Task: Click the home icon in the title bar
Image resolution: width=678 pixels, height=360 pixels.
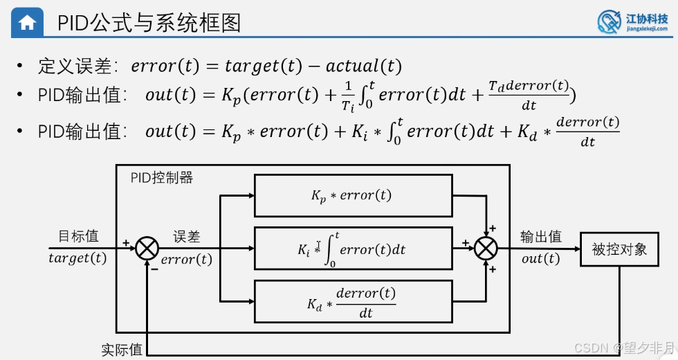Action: pos(27,22)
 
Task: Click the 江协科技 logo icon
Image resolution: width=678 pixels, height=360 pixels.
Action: pos(610,22)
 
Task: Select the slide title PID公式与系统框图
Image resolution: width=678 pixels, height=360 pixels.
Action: pos(149,23)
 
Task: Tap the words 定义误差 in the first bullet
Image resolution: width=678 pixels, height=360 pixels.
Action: pos(74,66)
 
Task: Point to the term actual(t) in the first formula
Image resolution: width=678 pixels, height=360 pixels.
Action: pos(363,66)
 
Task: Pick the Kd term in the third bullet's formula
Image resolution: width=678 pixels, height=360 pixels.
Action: pos(527,132)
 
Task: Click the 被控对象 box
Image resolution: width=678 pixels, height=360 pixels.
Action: pos(619,249)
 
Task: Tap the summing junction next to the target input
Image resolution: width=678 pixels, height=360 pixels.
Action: pos(147,249)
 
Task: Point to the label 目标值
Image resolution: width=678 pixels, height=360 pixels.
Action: pos(78,236)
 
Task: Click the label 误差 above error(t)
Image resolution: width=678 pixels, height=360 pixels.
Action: pos(187,236)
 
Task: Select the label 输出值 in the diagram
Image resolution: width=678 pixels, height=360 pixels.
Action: pos(541,236)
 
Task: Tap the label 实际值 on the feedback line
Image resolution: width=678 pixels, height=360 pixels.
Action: pos(122,350)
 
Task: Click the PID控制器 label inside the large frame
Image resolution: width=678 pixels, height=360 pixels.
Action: pos(162,178)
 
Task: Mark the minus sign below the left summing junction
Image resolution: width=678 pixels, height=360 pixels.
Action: pos(154,269)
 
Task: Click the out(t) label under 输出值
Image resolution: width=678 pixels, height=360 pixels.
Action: pos(541,259)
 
